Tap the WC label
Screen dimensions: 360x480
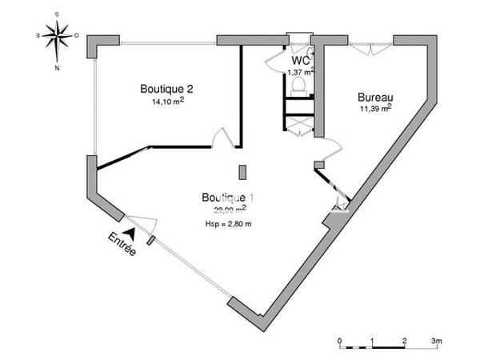pyautogui.click(x=301, y=61)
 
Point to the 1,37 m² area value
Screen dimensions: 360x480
pyautogui.click(x=300, y=72)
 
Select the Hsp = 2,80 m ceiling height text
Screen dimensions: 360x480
pyautogui.click(x=228, y=223)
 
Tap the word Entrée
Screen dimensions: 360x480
pyautogui.click(x=122, y=245)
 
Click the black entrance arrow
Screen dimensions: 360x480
pyautogui.click(x=128, y=231)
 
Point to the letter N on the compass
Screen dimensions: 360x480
pyautogui.click(x=57, y=68)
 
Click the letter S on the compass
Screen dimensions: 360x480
pyautogui.click(x=56, y=14)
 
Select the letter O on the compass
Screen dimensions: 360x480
pyautogui.click(x=76, y=36)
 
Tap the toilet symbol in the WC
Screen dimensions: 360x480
pyautogui.click(x=298, y=84)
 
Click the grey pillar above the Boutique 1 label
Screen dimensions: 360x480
pyautogui.click(x=242, y=171)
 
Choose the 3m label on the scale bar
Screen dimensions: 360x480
pyautogui.click(x=437, y=340)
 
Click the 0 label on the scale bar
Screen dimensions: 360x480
pyautogui.click(x=340, y=340)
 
